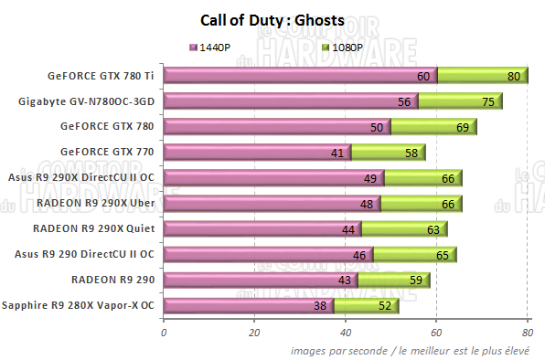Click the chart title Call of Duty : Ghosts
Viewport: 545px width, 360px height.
tap(272, 19)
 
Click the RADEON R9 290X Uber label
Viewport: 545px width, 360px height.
tap(98, 203)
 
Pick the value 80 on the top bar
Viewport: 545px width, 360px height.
tap(514, 77)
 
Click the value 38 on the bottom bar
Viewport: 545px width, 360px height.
tap(320, 306)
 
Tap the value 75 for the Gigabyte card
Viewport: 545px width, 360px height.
tap(489, 102)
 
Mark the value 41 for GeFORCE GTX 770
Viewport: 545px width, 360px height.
tap(337, 153)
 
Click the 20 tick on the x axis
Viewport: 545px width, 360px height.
tap(254, 333)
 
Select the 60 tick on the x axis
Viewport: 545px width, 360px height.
tap(437, 333)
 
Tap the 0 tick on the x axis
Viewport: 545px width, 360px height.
tap(164, 333)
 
